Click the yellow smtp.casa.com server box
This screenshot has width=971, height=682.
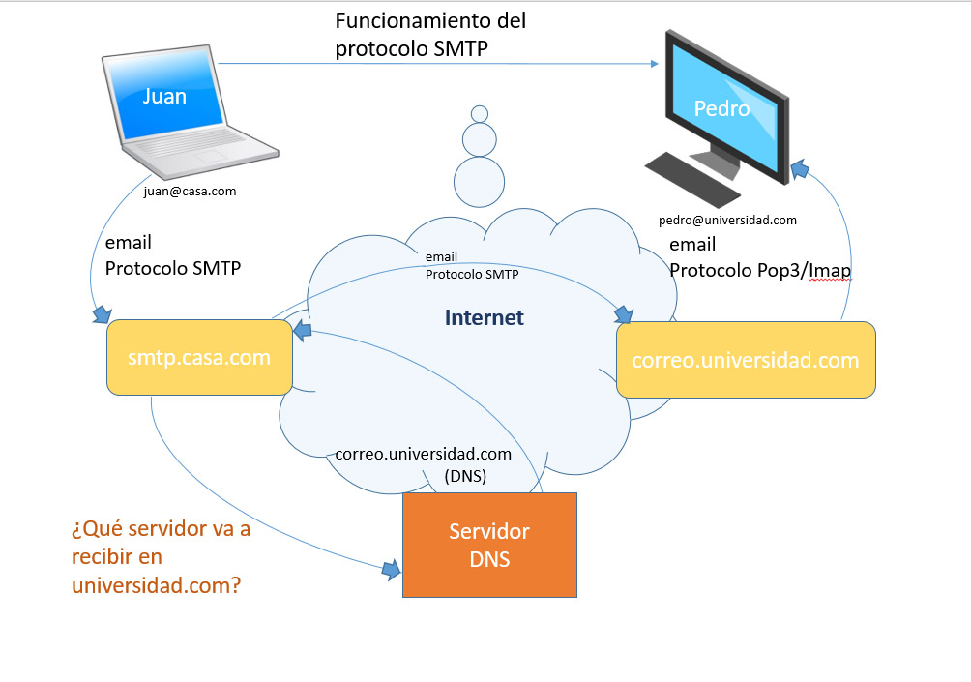199,358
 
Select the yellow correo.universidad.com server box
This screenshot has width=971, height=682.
745,360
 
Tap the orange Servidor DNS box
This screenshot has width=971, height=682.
489,545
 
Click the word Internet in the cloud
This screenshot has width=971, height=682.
484,317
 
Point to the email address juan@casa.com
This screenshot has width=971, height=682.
190,192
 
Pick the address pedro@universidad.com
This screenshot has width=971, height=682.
727,221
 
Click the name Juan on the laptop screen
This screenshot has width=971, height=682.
164,96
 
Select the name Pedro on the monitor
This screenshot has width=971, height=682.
721,108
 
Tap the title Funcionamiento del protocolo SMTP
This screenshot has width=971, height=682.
430,35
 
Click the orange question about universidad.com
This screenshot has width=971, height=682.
161,557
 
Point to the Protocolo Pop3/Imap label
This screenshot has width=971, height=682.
760,270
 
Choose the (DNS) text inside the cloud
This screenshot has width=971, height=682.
465,476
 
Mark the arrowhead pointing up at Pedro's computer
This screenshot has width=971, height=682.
800,171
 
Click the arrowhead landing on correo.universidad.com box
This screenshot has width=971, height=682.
623,314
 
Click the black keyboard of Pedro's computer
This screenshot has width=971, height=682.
691,176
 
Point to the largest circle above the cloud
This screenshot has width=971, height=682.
480,181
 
